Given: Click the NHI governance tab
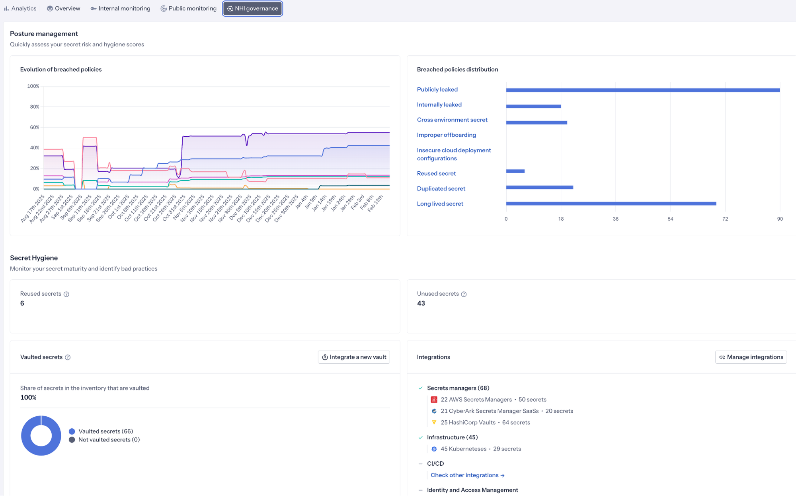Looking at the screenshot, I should click(x=253, y=8).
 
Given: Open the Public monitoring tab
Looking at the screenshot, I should click(x=189, y=8).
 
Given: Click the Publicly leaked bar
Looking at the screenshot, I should click(x=643, y=90).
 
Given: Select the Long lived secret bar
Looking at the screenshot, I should click(x=611, y=204).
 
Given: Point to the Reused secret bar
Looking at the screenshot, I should click(x=515, y=171).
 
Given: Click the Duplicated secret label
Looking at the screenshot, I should click(x=441, y=188).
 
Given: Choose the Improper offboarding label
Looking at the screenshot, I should click(x=446, y=135).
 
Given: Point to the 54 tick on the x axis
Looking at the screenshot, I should click(x=670, y=219).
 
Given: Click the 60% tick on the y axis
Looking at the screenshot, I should click(x=35, y=127).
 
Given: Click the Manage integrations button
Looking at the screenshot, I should click(x=751, y=357).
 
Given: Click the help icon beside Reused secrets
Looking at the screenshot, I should click(x=66, y=294).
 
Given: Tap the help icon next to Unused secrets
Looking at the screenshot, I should click(x=464, y=294).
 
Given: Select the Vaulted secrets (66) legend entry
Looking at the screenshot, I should click(x=105, y=431).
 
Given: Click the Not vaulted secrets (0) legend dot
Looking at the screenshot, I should click(x=72, y=440).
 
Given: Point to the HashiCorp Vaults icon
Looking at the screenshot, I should click(x=434, y=422).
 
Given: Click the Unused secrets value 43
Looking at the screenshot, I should click(x=421, y=303).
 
